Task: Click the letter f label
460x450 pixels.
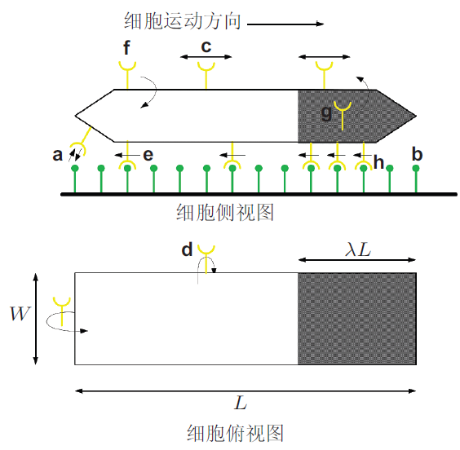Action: pyautogui.click(x=126, y=48)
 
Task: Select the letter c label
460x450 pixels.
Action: pyautogui.click(x=206, y=46)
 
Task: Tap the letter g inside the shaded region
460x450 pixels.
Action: pyautogui.click(x=326, y=112)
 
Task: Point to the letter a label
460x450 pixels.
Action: pyautogui.click(x=57, y=155)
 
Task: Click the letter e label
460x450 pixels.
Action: pyautogui.click(x=148, y=155)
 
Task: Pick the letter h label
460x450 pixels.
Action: pyautogui.click(x=378, y=162)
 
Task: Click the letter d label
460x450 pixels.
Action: pyautogui.click(x=187, y=249)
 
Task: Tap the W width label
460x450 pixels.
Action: pyautogui.click(x=20, y=313)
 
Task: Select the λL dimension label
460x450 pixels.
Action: pyautogui.click(x=358, y=250)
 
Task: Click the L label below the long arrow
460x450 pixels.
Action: pyautogui.click(x=241, y=403)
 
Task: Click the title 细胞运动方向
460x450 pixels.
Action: pyautogui.click(x=183, y=21)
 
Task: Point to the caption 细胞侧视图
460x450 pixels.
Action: pyautogui.click(x=225, y=212)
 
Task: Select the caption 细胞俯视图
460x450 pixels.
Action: pyautogui.click(x=235, y=434)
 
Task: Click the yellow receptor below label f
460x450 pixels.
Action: pyautogui.click(x=127, y=75)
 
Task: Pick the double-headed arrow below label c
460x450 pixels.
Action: pyautogui.click(x=206, y=57)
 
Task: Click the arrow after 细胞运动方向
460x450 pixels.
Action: pyautogui.click(x=285, y=24)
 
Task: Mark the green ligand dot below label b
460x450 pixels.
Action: pyautogui.click(x=416, y=168)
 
